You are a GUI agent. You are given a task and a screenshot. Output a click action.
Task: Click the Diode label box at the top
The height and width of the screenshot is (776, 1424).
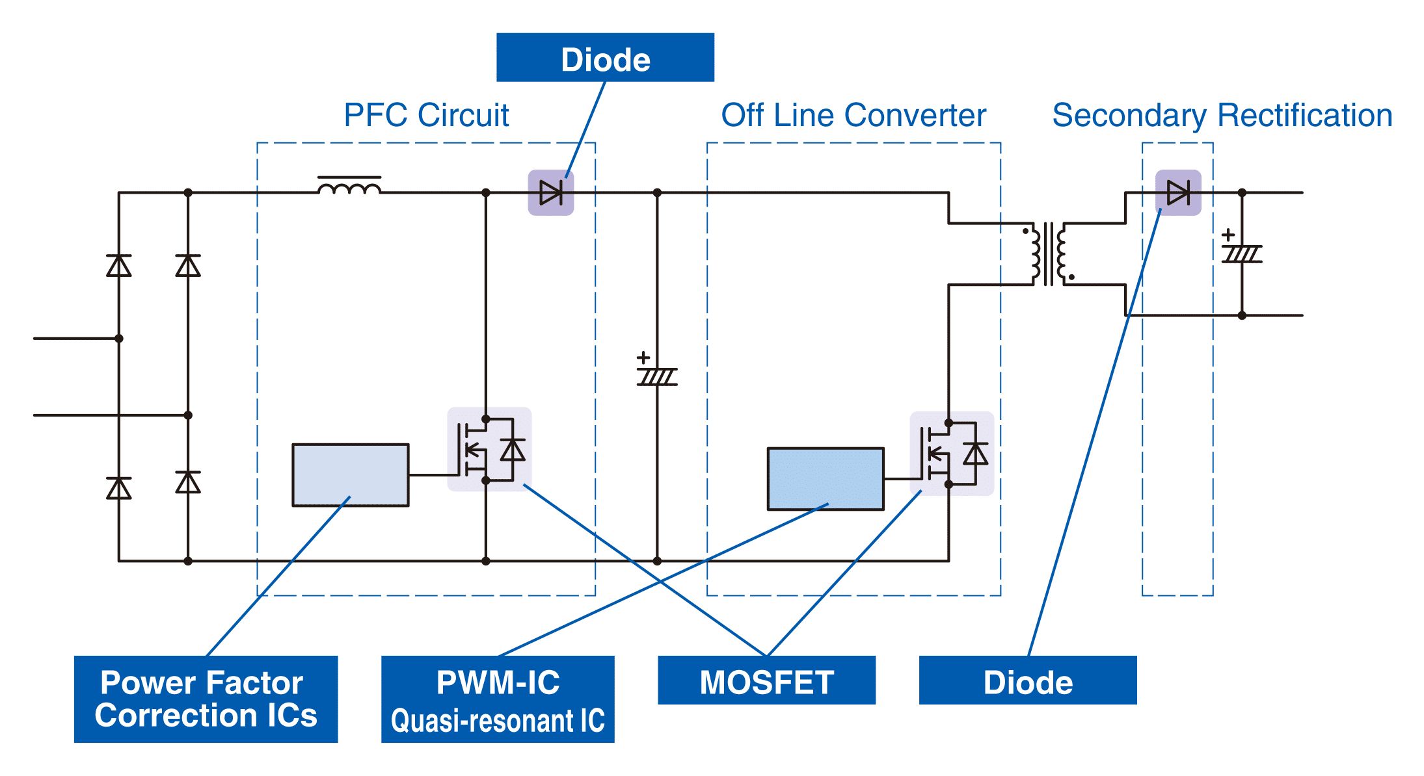(x=605, y=57)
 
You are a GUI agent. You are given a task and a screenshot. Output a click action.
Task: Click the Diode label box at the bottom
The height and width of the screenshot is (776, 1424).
(x=1028, y=680)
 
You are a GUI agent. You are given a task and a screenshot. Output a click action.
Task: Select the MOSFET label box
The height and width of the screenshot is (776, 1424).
(x=766, y=680)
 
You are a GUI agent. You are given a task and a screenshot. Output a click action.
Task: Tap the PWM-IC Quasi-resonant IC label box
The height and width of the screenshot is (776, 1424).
(x=498, y=699)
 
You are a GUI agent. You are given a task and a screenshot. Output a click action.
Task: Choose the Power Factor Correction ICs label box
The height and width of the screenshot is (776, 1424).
(x=206, y=699)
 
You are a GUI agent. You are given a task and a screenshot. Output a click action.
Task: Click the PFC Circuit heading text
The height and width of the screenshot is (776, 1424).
(x=426, y=115)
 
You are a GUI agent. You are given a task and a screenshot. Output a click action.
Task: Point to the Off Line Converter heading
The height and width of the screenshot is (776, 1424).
(x=853, y=115)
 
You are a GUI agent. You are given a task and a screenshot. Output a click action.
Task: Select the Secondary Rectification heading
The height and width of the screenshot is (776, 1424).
(x=1222, y=116)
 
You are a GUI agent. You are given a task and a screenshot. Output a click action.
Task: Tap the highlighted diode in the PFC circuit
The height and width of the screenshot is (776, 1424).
(x=551, y=192)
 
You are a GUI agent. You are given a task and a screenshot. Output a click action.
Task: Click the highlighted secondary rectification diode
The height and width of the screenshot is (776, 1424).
(x=1178, y=192)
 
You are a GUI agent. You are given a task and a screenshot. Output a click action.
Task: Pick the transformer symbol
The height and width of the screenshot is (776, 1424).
(x=1048, y=254)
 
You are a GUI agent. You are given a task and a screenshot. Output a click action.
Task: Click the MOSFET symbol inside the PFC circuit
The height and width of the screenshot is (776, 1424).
(x=489, y=449)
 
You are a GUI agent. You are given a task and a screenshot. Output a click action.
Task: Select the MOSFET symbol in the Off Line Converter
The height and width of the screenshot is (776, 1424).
(x=952, y=453)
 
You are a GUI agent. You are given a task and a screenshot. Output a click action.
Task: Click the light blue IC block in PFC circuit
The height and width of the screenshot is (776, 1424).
(x=351, y=474)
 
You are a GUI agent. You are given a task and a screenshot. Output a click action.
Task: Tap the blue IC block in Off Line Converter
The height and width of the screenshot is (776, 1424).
(x=826, y=478)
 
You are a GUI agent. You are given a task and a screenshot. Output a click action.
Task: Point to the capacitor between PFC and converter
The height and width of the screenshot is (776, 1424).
(x=657, y=376)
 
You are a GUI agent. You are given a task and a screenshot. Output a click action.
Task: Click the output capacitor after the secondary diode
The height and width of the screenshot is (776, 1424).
(x=1242, y=253)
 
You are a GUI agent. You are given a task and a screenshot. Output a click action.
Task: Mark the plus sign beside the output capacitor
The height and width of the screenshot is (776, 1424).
(x=1228, y=235)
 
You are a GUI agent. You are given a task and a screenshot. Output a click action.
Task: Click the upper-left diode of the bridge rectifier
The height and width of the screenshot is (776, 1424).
(x=119, y=265)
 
